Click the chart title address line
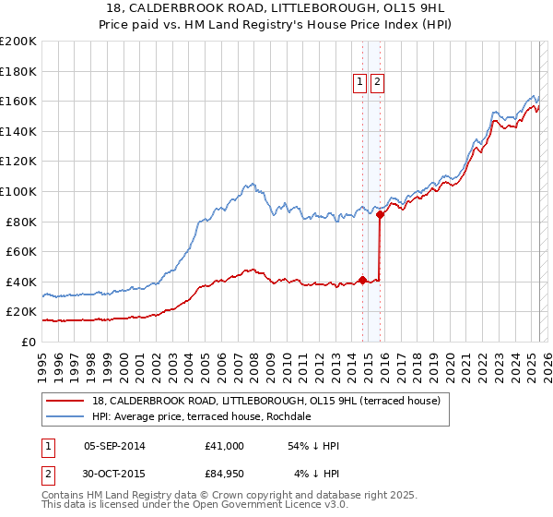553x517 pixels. (x=276, y=6)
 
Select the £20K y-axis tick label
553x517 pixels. (x=22, y=312)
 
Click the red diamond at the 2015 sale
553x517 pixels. (x=381, y=214)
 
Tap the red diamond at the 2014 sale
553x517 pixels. (x=362, y=280)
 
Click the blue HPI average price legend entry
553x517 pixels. (x=202, y=416)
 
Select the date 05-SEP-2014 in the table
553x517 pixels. (x=114, y=446)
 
